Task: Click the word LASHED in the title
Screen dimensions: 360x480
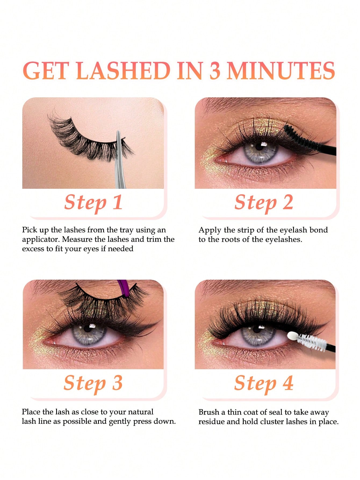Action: [123, 71]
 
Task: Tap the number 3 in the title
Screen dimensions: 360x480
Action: [215, 71]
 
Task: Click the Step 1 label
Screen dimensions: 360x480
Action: [93, 202]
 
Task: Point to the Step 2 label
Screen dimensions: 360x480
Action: [264, 202]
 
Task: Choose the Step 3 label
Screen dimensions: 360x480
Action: [93, 383]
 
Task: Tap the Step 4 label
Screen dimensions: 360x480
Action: [264, 383]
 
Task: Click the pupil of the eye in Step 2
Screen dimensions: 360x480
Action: [259, 147]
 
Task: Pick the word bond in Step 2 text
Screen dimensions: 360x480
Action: [319, 230]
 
